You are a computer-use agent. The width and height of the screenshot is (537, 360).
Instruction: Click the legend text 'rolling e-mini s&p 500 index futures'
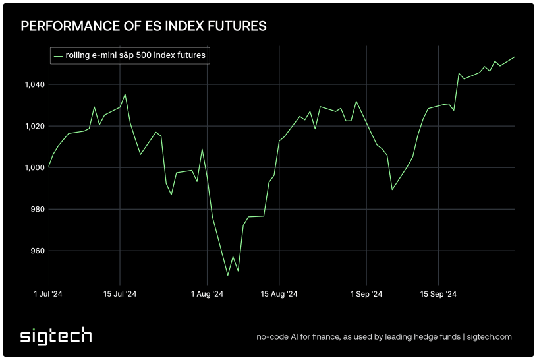136,56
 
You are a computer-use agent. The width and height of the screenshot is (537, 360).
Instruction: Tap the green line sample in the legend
58,56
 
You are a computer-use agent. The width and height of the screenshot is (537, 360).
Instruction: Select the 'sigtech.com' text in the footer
490,337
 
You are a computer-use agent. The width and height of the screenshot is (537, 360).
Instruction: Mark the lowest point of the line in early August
228,275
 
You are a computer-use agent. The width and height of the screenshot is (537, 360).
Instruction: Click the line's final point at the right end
515,57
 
